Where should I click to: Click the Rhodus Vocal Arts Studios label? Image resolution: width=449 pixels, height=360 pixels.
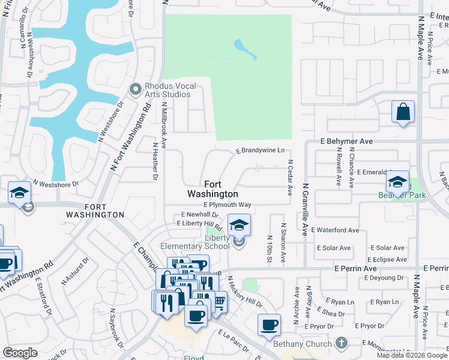(170, 90)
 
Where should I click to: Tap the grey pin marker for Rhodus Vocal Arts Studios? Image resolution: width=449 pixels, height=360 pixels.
(134, 90)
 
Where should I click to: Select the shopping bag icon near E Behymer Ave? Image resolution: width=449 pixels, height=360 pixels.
(403, 112)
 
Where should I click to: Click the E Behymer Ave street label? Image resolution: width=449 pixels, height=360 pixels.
(346, 141)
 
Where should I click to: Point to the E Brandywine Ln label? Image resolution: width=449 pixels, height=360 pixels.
(260, 151)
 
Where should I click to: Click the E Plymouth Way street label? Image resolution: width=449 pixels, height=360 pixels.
(227, 205)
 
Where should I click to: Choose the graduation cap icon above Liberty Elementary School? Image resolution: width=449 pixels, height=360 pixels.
(239, 226)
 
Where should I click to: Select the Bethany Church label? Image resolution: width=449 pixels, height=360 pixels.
(302, 344)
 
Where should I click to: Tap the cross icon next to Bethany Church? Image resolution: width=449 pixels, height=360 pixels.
(341, 344)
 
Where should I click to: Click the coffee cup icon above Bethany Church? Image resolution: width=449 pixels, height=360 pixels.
(269, 325)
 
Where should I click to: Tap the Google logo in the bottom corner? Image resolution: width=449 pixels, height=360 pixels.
(20, 353)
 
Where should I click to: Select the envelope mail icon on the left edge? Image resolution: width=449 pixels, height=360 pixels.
(28, 208)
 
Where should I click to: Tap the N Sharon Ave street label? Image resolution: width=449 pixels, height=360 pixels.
(283, 237)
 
